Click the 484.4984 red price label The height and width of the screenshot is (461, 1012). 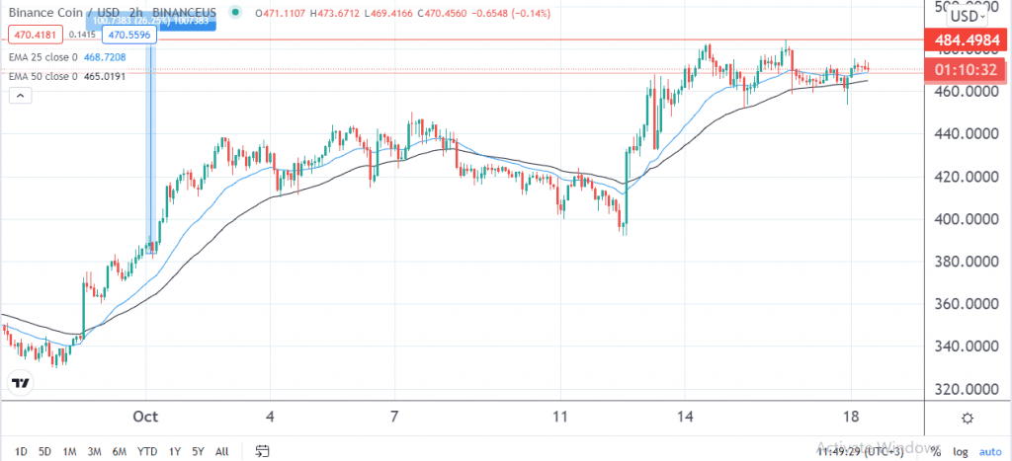[x=963, y=40]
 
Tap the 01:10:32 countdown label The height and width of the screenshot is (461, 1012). [x=963, y=70]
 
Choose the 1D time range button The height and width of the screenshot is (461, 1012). [x=20, y=451]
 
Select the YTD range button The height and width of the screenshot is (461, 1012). [x=147, y=451]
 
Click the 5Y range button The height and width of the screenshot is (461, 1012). [x=199, y=451]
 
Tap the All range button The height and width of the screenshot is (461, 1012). [x=222, y=451]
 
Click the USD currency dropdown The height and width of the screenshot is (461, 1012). [x=966, y=15]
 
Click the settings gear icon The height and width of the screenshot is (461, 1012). [x=967, y=419]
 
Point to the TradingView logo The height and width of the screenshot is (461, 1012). [x=20, y=382]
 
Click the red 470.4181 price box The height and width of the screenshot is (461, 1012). [x=34, y=35]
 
